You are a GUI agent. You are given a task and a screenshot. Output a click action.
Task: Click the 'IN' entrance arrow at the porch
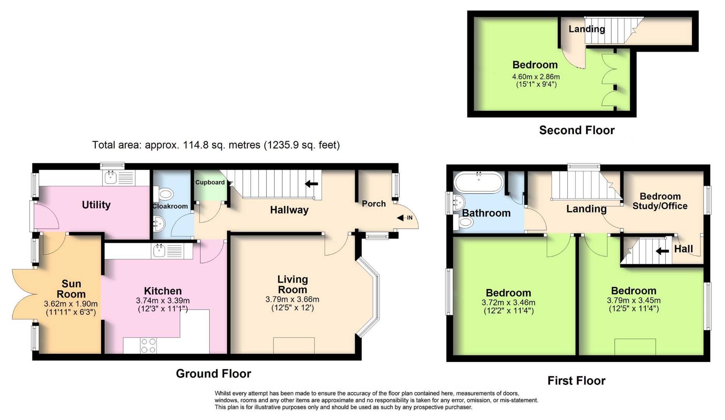(405, 218)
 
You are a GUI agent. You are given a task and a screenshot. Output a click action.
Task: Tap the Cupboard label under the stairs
(210, 182)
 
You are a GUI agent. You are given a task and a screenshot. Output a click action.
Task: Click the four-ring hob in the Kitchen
(148, 346)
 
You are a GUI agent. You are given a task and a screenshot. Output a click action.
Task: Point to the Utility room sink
(110, 178)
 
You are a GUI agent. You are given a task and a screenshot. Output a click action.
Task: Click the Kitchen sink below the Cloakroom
(159, 251)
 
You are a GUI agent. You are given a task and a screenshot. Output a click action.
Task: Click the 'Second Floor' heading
(577, 130)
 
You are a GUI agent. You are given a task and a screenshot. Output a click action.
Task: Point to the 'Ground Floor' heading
(214, 374)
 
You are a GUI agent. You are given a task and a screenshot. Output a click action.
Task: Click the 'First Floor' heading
(576, 381)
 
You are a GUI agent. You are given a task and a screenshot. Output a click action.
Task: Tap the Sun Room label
(71, 289)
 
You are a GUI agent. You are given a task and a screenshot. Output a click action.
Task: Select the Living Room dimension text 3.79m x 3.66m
(292, 299)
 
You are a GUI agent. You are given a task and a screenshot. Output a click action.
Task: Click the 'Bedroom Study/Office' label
(660, 201)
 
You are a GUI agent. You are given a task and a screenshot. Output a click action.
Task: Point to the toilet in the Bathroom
(464, 222)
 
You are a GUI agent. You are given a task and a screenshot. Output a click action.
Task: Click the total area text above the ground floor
(216, 145)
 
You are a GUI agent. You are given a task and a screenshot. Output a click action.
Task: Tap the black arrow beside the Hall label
(662, 251)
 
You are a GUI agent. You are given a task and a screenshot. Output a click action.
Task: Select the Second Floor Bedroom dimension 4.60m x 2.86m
(536, 77)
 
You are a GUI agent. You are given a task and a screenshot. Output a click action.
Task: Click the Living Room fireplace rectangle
(294, 346)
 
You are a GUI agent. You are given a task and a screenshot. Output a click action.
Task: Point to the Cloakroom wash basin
(159, 224)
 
